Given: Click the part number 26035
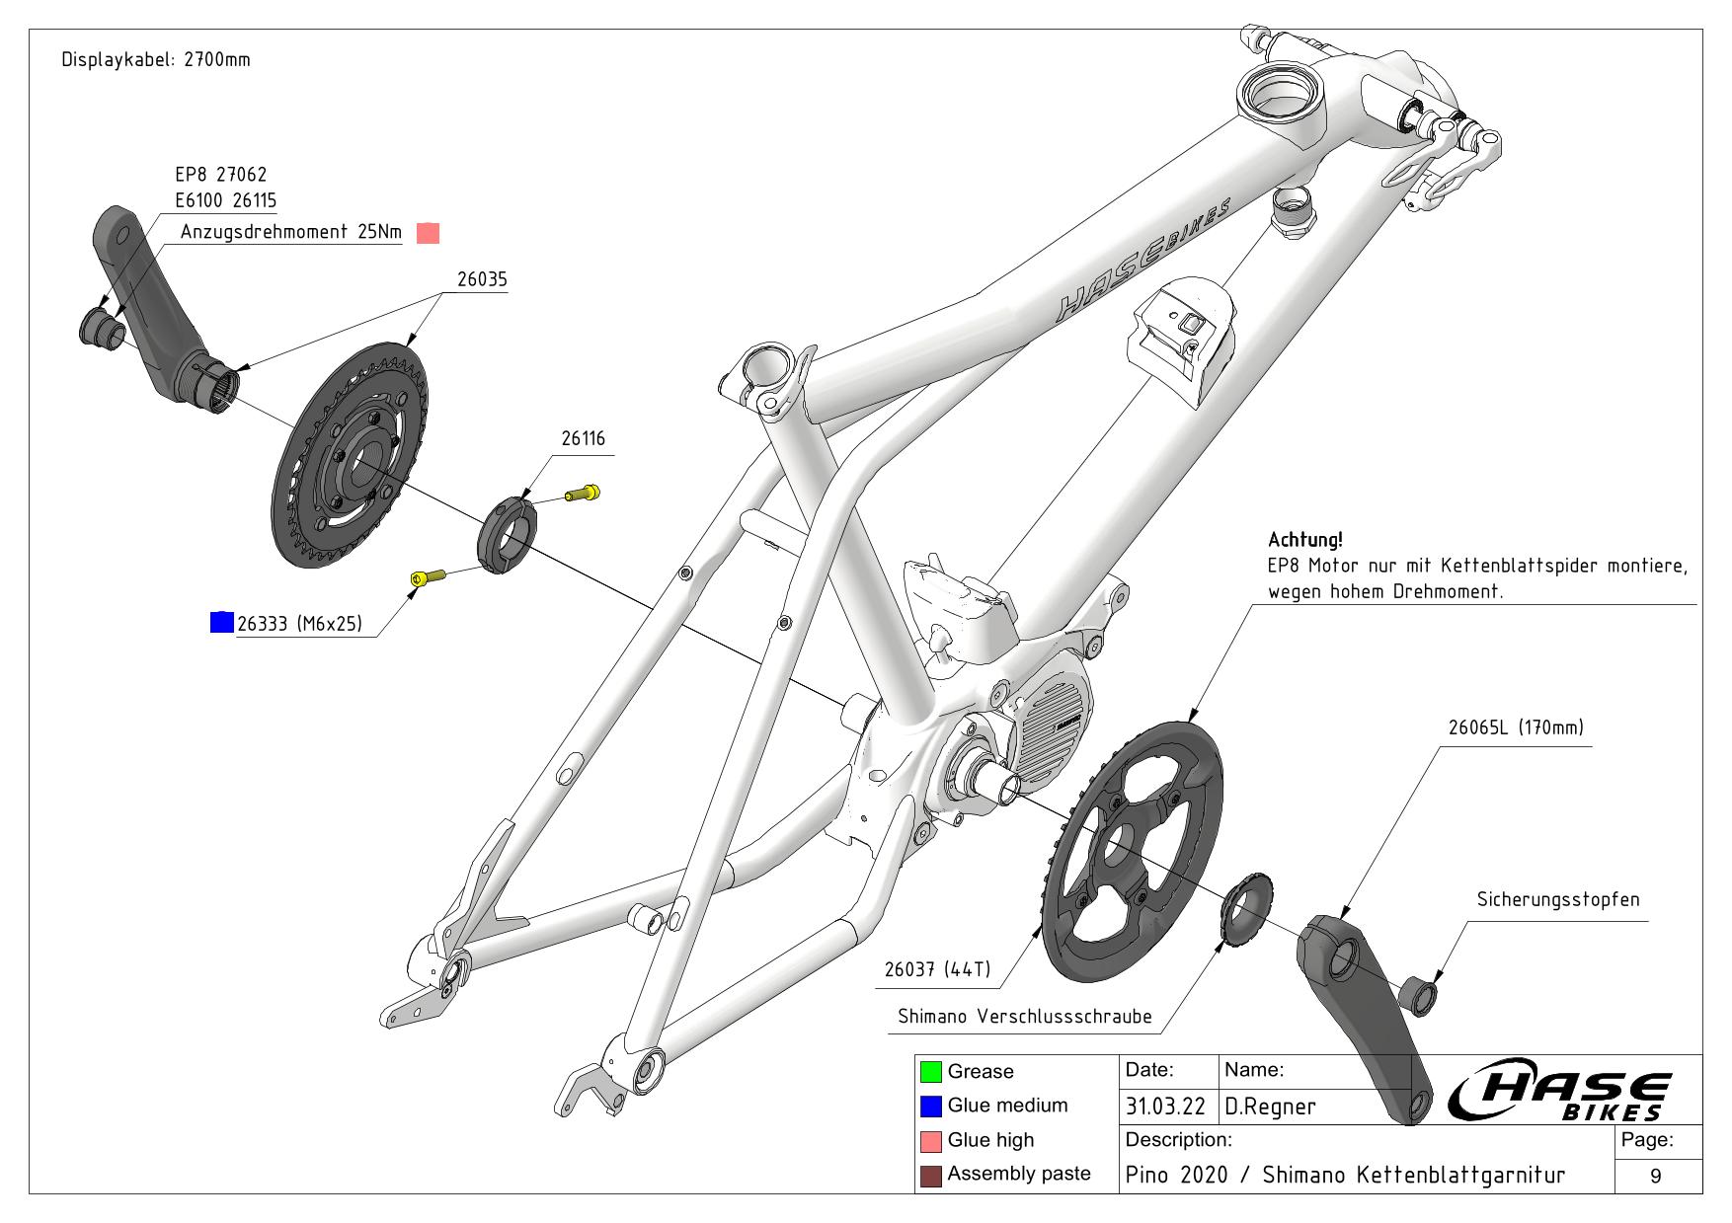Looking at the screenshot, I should (x=482, y=279).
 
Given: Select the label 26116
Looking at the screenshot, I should (x=583, y=438).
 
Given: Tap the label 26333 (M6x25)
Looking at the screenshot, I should (x=299, y=624).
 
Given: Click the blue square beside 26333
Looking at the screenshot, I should (x=222, y=622).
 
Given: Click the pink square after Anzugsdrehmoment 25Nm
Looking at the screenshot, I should (x=428, y=233).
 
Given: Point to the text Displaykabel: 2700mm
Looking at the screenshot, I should (x=156, y=59).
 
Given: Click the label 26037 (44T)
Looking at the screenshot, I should (x=937, y=969).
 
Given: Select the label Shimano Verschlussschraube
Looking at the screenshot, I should (x=1024, y=1017).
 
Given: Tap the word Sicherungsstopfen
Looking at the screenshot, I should (x=1557, y=899).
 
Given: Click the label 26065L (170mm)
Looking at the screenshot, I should (x=1515, y=727).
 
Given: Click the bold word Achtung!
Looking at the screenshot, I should (x=1304, y=540).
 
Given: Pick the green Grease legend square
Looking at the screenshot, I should (x=929, y=1072).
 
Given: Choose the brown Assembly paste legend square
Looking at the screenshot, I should (x=929, y=1176).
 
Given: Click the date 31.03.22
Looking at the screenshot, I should (x=1165, y=1107).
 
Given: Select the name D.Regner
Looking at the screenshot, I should (x=1270, y=1107).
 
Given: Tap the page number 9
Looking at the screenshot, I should (x=1656, y=1176).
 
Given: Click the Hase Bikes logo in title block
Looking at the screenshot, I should (x=1560, y=1095).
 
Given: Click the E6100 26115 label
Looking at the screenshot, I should (x=225, y=200).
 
